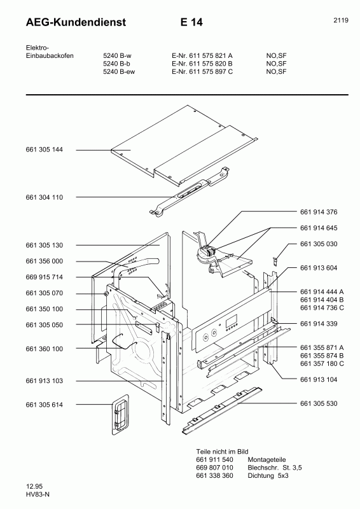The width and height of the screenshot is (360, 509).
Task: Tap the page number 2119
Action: click(340, 20)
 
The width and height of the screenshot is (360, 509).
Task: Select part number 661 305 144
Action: click(45, 150)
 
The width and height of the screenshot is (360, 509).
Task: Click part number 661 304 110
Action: click(45, 197)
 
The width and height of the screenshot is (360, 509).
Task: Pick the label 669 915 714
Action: click(45, 277)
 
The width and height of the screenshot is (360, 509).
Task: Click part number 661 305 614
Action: click(45, 405)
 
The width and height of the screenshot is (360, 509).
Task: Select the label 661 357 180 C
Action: click(321, 363)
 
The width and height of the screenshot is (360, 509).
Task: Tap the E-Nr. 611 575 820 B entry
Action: click(202, 64)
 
